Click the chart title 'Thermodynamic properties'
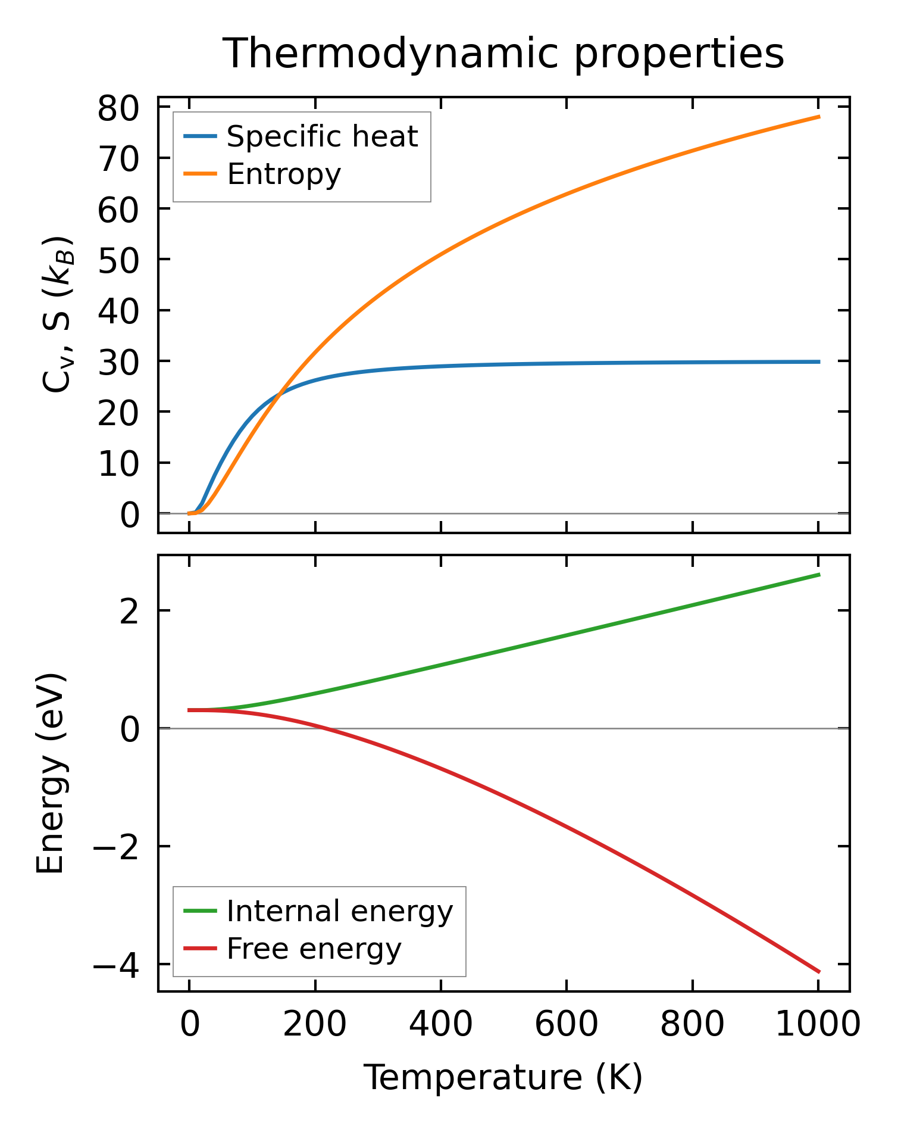[x=503, y=54]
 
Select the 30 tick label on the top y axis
[x=118, y=361]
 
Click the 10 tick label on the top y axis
[x=118, y=463]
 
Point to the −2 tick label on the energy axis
[x=115, y=846]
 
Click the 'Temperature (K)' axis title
[x=503, y=1077]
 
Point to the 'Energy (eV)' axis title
[x=51, y=774]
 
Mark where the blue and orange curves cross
[x=278, y=394]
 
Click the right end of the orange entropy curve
[x=819, y=117]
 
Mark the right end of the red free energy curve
[x=819, y=972]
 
